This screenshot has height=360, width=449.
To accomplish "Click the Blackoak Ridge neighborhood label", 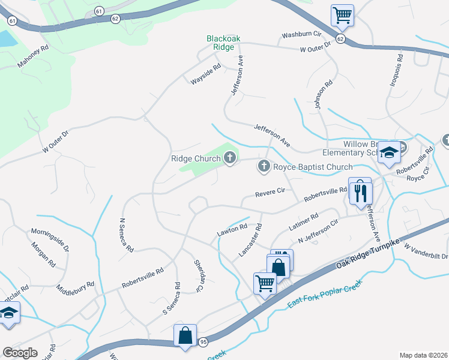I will pyautogui.click(x=223, y=43).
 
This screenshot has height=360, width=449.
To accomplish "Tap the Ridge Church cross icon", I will pyautogui.click(x=229, y=158).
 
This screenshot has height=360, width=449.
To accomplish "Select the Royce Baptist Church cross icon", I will pyautogui.click(x=263, y=166).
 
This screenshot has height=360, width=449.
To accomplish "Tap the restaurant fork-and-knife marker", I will pyautogui.click(x=361, y=193).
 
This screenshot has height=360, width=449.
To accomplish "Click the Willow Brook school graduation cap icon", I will pyautogui.click(x=389, y=154).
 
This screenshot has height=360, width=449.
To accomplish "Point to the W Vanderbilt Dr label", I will pyautogui.click(x=426, y=251).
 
